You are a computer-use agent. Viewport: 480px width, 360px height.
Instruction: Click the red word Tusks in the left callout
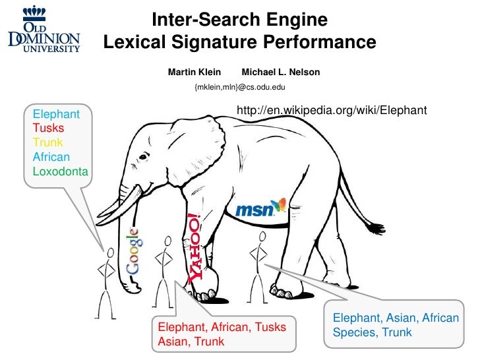pos(48,128)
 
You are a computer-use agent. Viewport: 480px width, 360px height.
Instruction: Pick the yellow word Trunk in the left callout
pos(48,142)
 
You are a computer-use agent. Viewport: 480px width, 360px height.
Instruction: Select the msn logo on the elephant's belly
pos(261,208)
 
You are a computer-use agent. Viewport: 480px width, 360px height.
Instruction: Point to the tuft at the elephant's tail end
pos(378,227)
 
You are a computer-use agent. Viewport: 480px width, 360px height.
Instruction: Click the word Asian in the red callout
pos(170,342)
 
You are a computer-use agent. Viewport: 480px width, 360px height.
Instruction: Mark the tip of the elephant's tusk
pos(97,222)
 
